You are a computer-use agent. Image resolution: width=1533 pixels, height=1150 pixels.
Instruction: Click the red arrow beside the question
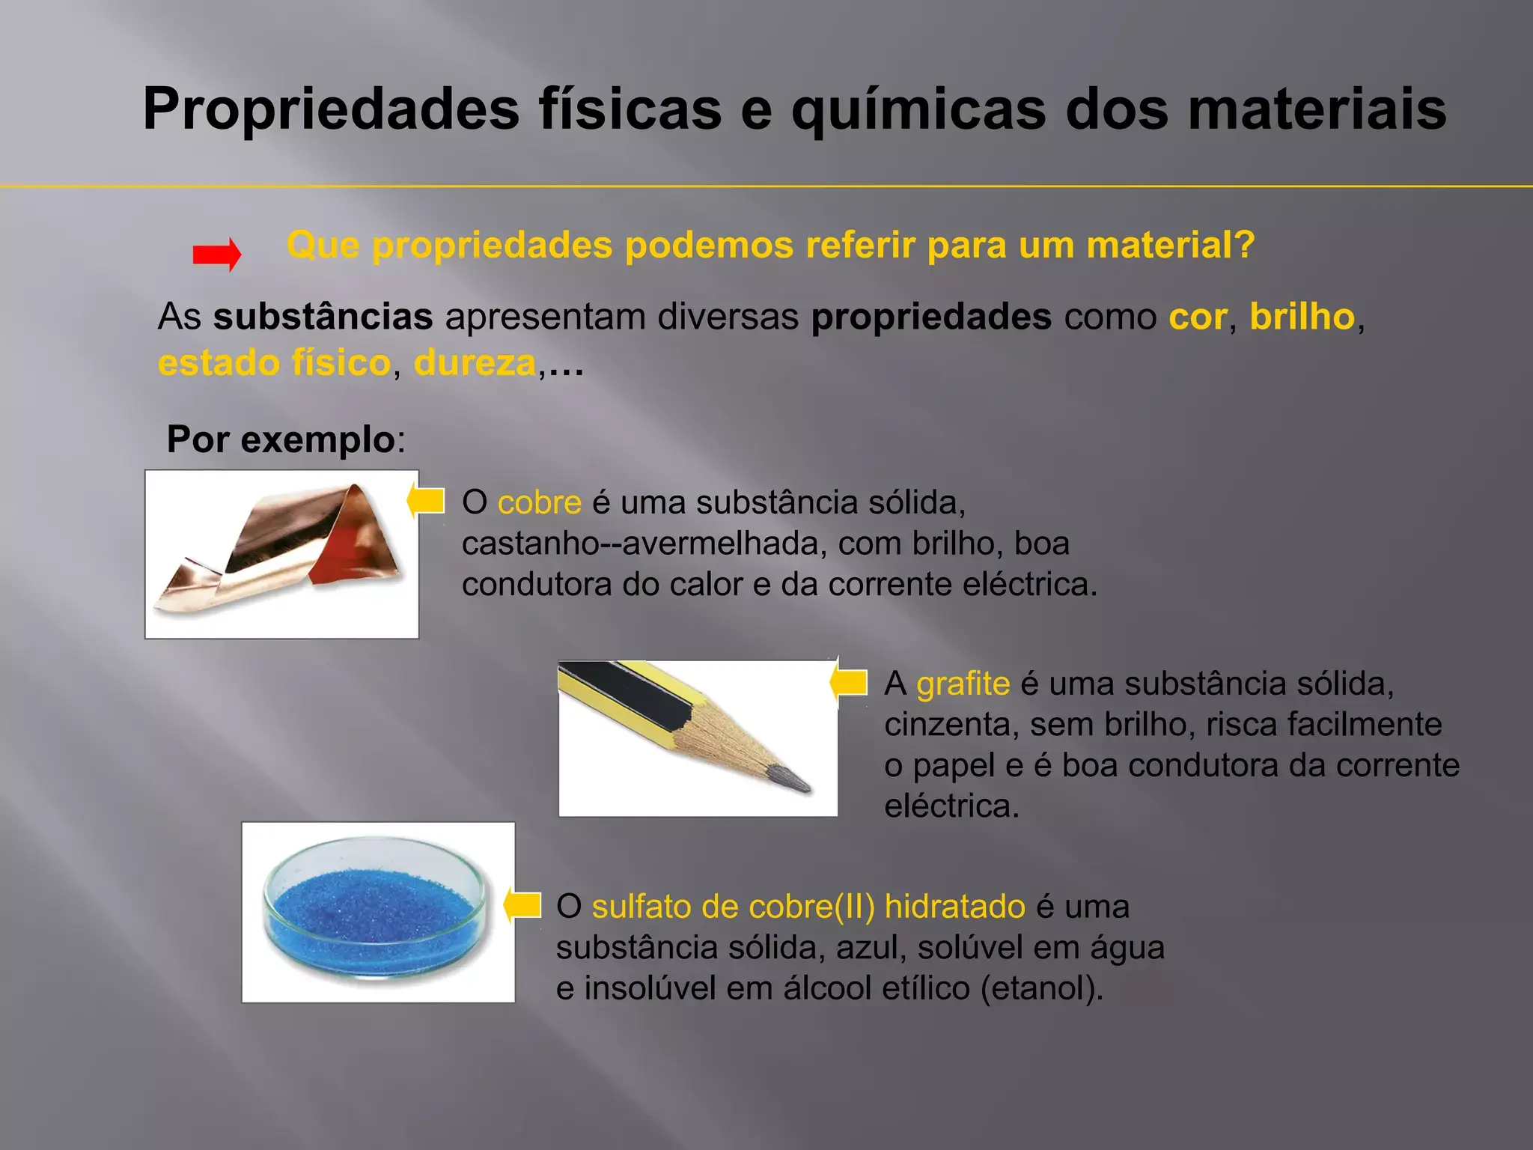click(217, 255)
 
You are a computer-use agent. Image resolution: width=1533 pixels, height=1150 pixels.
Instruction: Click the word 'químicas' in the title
click(919, 110)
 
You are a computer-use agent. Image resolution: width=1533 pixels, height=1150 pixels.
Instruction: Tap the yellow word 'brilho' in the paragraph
click(1302, 317)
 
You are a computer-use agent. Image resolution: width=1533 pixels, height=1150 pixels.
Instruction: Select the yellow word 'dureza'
click(475, 363)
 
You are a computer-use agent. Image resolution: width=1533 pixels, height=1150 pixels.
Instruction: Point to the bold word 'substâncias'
click(323, 317)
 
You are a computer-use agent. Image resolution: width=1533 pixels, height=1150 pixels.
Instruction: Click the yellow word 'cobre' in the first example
click(539, 502)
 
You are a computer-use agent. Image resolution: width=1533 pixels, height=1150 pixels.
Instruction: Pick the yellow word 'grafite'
click(963, 684)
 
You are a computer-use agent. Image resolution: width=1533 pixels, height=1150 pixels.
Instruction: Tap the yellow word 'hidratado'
click(954, 907)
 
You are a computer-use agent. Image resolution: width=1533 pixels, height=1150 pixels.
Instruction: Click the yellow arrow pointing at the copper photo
click(426, 500)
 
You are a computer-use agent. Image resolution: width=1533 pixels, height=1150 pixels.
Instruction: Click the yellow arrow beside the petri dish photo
click(522, 904)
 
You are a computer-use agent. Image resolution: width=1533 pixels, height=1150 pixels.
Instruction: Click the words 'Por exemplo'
click(281, 439)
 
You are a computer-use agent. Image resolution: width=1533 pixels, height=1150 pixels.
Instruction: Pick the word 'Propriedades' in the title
click(331, 110)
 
